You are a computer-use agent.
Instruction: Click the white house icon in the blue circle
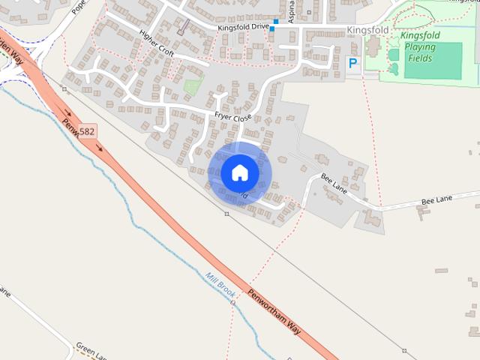point(240,172)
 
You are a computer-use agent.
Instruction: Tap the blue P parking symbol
point(353,64)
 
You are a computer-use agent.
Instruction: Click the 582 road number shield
point(87,131)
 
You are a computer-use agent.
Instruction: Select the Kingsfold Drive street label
point(243,27)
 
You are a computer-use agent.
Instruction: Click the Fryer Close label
point(233,117)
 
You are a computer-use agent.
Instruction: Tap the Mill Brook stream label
point(220,286)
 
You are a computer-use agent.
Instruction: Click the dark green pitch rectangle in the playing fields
point(433,60)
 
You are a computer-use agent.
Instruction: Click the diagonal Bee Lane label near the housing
point(334,184)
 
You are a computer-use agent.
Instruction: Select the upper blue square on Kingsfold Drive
point(276,22)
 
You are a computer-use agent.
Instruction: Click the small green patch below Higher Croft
point(193,86)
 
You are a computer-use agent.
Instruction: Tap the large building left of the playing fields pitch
point(373,46)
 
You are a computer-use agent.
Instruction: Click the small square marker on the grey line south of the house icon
point(226,214)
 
